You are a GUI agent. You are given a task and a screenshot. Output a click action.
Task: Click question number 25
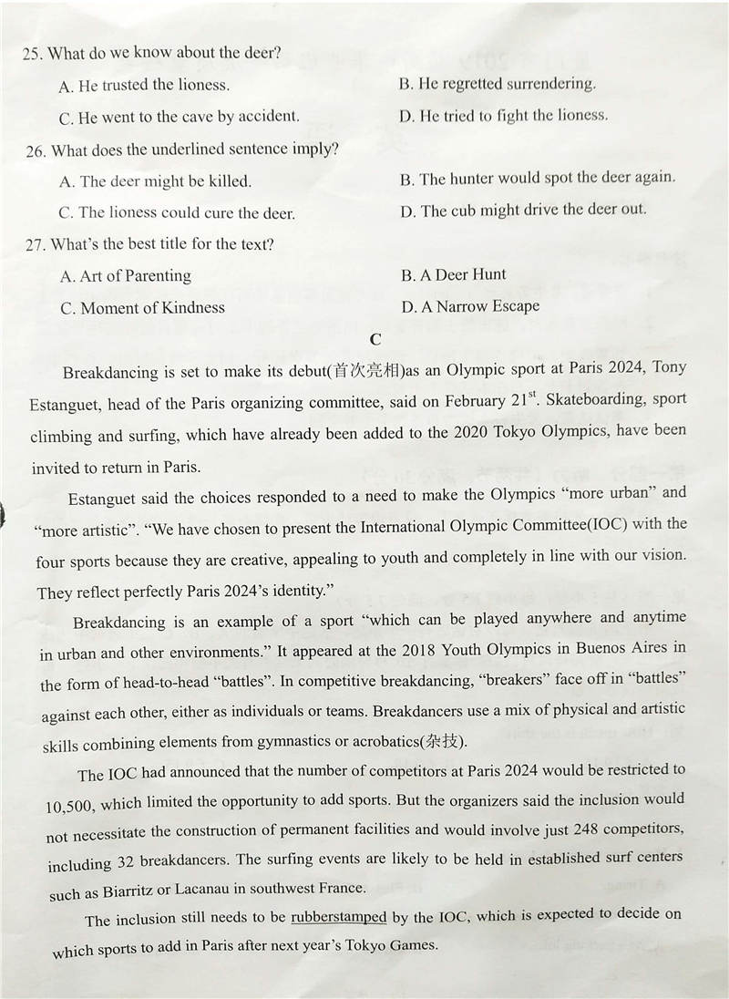coord(31,54)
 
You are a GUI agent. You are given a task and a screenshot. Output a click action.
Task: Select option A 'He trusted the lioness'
coord(144,86)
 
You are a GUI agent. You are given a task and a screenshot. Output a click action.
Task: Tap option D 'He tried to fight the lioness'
coord(503,116)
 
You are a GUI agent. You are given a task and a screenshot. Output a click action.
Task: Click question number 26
coord(36,150)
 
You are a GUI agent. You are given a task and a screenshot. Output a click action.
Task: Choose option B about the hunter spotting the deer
coord(538,178)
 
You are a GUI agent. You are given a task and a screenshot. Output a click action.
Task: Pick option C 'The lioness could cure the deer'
coord(178,213)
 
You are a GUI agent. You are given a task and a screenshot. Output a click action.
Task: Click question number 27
coord(36,245)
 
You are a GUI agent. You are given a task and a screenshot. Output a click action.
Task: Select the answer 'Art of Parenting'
coord(126,276)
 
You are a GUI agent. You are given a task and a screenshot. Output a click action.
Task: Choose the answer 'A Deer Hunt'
coord(454,274)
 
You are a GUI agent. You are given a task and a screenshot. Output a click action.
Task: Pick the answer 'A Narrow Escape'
coord(470,306)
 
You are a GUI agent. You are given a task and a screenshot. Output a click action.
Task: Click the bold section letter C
coord(375,338)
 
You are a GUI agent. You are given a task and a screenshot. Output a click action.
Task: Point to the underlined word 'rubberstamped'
coord(338,918)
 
